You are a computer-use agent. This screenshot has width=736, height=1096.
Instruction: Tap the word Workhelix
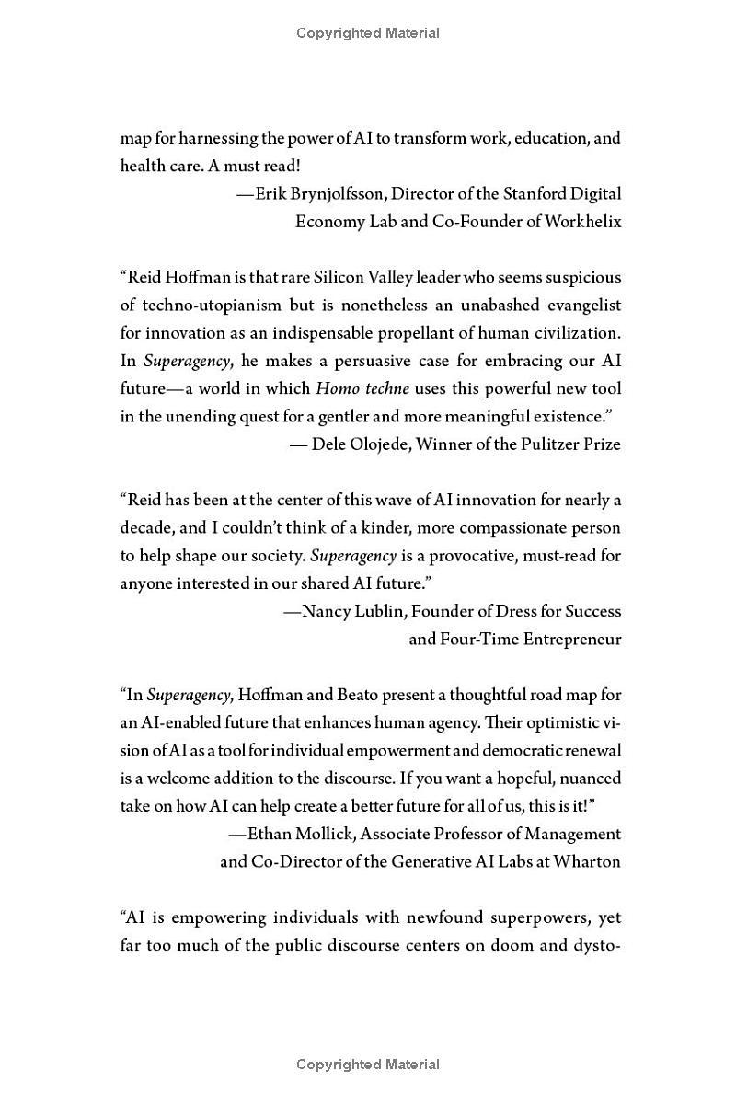[x=582, y=222]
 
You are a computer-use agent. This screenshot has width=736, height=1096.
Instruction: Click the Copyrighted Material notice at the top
[x=368, y=33]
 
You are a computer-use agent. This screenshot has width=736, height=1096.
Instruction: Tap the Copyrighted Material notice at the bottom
[x=368, y=1065]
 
